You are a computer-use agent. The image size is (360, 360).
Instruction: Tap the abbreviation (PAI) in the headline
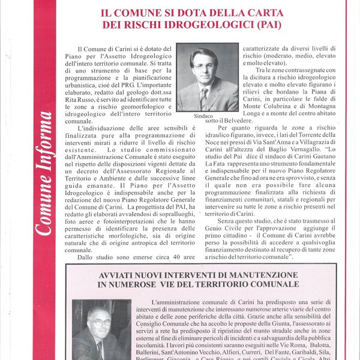coord(268,25)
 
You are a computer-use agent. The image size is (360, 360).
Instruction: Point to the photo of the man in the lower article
coord(97,330)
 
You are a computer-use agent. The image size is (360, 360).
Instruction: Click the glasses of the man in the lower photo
coord(100,322)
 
